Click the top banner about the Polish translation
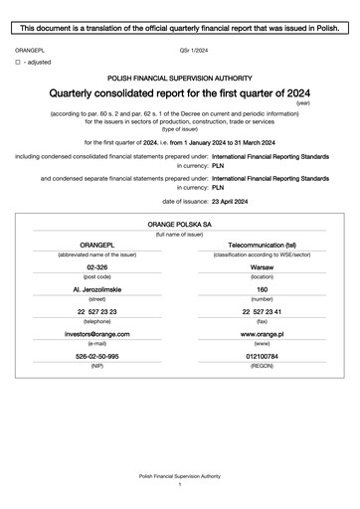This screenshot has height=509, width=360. pyautogui.click(x=180, y=29)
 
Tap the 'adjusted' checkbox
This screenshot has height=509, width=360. pyautogui.click(x=18, y=62)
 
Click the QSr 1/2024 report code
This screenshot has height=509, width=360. pyautogui.click(x=194, y=48)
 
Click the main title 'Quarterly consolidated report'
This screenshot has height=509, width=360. pyautogui.click(x=179, y=92)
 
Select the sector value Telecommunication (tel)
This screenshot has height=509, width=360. pyautogui.click(x=263, y=245)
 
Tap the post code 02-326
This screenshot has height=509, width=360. pyautogui.click(x=97, y=268)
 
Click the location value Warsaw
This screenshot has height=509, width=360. pyautogui.click(x=263, y=268)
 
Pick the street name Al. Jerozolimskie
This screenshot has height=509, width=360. pyautogui.click(x=97, y=290)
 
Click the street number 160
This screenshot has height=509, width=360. pyautogui.click(x=263, y=290)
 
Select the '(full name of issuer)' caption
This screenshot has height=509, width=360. pyautogui.click(x=179, y=236)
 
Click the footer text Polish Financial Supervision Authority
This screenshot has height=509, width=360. pyautogui.click(x=179, y=477)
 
